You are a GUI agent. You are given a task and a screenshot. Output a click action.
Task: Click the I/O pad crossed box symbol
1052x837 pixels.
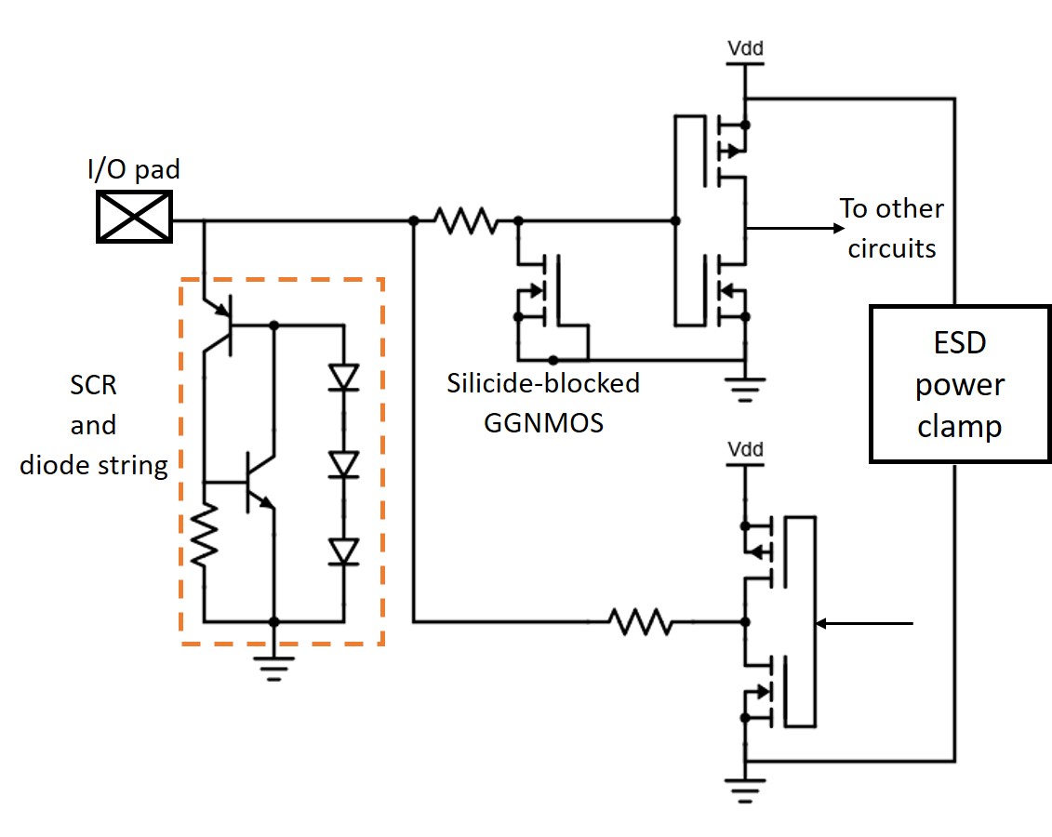[x=135, y=216]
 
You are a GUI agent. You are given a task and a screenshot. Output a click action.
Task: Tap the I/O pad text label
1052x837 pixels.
[x=134, y=171]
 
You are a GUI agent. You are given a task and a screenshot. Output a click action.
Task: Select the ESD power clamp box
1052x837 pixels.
[x=959, y=384]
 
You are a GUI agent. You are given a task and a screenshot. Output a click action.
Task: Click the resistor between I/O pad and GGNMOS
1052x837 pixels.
[x=464, y=220]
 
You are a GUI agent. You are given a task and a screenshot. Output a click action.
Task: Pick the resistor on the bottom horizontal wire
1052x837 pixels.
[x=640, y=621]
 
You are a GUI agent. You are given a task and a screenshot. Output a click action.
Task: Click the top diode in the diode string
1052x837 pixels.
[x=345, y=376]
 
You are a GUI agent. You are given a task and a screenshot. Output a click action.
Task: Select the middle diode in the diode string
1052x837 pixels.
[x=345, y=463]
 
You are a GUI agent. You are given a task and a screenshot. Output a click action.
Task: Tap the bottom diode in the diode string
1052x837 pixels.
[x=345, y=551]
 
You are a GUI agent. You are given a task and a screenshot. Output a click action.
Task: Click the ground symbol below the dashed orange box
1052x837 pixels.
[x=273, y=666]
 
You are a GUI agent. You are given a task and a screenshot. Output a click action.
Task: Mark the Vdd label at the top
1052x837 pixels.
[x=744, y=46]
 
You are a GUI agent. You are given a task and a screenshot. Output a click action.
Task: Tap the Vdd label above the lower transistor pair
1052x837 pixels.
[x=744, y=450]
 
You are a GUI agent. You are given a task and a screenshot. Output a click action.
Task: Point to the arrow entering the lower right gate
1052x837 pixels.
[x=865, y=623]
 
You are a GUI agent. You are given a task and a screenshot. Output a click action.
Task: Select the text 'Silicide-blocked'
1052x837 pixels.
[x=543, y=383]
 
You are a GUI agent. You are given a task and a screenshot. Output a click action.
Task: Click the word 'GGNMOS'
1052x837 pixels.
[x=543, y=422]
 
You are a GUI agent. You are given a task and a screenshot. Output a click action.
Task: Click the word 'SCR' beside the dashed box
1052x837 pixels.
[x=93, y=385]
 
